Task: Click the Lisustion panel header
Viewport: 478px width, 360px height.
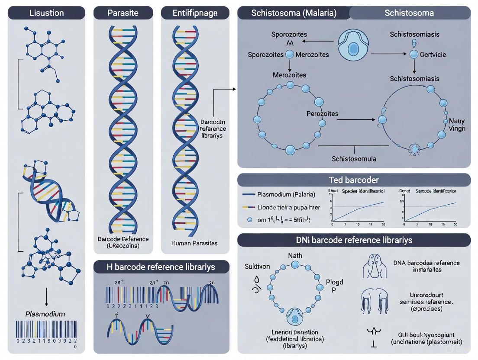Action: (46, 13)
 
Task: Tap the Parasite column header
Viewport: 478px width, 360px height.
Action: (123, 13)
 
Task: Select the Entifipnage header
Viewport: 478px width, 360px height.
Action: (195, 13)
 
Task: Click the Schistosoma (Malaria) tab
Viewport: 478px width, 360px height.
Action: (294, 13)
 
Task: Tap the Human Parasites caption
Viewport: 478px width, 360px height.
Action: (195, 243)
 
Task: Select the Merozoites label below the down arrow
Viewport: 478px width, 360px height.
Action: (289, 75)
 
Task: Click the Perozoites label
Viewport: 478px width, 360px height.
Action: (310, 114)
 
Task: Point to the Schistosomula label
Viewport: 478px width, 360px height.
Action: (354, 158)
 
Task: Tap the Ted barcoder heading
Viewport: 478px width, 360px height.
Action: (354, 180)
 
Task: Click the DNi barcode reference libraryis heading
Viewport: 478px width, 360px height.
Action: (354, 240)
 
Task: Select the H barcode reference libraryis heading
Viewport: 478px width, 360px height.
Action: (161, 267)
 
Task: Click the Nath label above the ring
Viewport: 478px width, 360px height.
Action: (295, 256)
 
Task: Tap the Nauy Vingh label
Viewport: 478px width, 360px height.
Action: (457, 125)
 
